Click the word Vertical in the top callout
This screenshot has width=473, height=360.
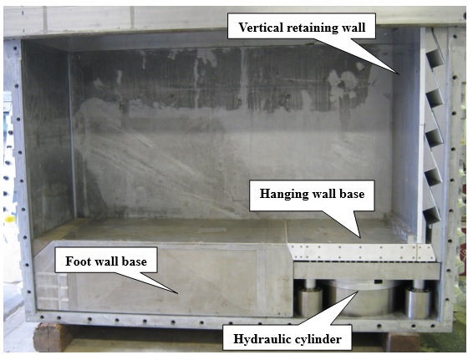coord(262,28)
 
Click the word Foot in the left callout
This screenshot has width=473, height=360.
coord(77,261)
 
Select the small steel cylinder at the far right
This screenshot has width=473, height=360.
coord(417,302)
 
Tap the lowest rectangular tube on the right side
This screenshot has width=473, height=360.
coord(432,214)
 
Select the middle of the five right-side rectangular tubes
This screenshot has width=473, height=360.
coord(434,138)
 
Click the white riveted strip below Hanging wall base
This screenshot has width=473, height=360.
coord(362,252)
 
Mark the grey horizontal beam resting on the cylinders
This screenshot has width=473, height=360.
coord(367,271)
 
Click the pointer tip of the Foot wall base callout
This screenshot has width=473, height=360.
coord(177,293)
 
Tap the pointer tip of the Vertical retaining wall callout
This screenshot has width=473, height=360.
coord(400,74)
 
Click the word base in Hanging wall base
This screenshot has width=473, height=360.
coord(352,194)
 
